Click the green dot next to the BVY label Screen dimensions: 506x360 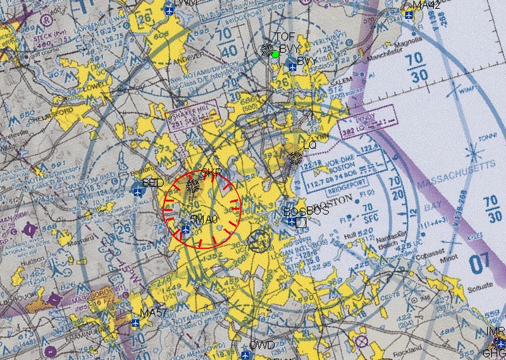[x=276, y=54]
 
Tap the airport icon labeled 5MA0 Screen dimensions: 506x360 [x=185, y=228]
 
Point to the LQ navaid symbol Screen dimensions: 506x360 [x=295, y=157]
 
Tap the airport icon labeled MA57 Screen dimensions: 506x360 [x=135, y=323]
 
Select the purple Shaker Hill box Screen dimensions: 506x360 [x=188, y=118]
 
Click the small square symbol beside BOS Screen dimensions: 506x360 [x=301, y=222]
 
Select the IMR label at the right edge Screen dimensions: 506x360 [x=497, y=332]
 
